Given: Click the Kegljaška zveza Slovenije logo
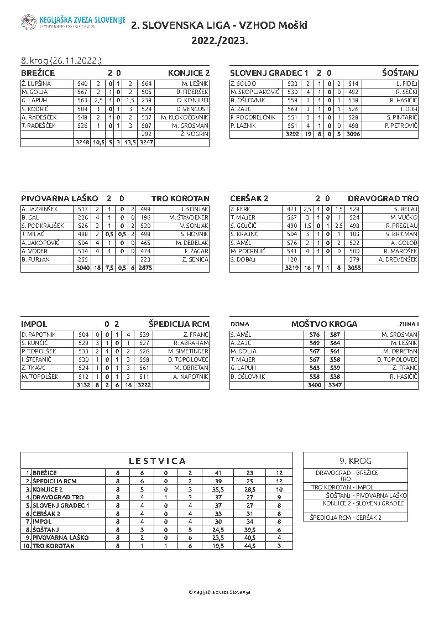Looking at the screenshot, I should tap(29, 22).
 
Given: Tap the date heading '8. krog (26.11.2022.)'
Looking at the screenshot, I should tap(61, 60).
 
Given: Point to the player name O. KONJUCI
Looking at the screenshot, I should tap(193, 100).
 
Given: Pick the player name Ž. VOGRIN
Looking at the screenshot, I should tap(194, 134).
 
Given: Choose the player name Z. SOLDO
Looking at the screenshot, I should tap(243, 84).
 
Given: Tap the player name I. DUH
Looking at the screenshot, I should tap(409, 109).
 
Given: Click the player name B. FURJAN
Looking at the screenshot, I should tap(36, 259).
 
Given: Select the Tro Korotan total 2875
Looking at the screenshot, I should tap(145, 268).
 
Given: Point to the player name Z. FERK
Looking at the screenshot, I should tap(241, 209).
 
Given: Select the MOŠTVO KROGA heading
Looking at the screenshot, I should tap(324, 324).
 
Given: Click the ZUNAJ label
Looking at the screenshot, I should tap(409, 324).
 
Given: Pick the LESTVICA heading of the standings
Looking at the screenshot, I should tap(157, 461).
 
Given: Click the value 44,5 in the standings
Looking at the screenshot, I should tap(249, 546).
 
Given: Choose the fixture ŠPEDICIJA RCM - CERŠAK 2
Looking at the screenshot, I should tap(346, 518).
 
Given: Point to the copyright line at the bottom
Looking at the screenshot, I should tap(219, 592).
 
